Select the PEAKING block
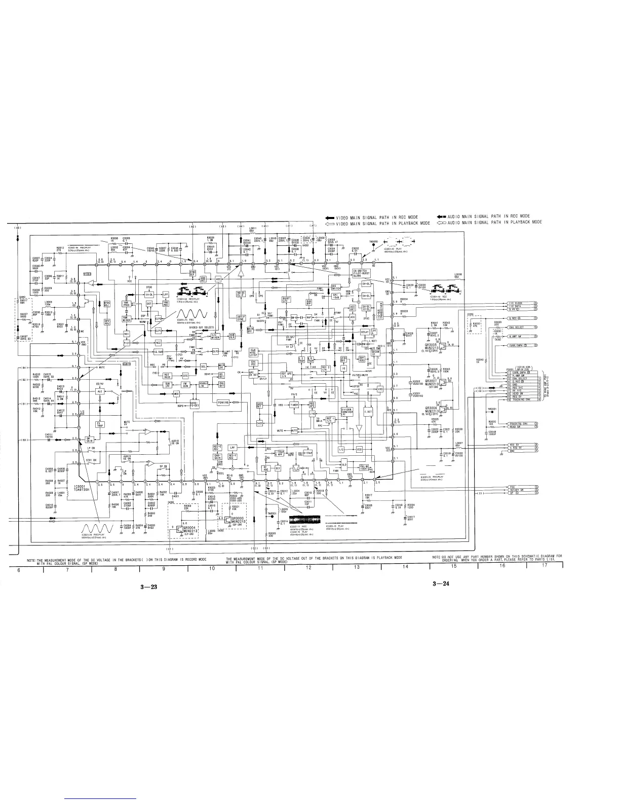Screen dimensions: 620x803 pyautogui.click(x=223, y=402)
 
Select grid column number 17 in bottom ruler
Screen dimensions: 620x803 pyautogui.click(x=545, y=565)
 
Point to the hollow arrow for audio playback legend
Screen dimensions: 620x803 pyautogui.click(x=441, y=223)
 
